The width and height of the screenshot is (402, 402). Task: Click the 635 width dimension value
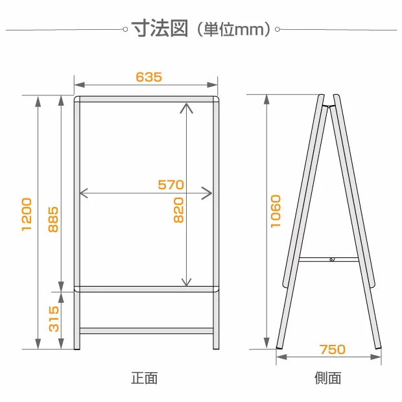pos(148,77)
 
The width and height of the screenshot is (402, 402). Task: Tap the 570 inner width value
pos(171,185)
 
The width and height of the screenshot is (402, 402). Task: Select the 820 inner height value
pos(179,210)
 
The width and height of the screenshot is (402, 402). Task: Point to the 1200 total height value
pos(27,215)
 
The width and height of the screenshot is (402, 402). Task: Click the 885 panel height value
pos(53,219)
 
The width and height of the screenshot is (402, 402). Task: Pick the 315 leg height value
pos(54,318)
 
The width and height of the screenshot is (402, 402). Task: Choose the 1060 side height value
pos(276,211)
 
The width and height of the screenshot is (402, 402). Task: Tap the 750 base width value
pos(332,349)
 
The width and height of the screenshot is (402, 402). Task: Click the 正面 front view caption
pos(145,378)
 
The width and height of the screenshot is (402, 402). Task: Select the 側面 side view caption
pos(327,378)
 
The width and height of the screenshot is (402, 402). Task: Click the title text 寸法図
pos(160,28)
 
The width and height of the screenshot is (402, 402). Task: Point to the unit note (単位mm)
pos(234,29)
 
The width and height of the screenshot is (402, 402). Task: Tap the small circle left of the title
pos(125,29)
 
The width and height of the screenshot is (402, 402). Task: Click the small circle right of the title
pos(277,29)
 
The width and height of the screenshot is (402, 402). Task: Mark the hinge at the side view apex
pos(329,106)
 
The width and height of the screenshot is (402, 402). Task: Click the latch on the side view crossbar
pos(332,259)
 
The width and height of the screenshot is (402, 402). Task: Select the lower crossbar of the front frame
pos(147,331)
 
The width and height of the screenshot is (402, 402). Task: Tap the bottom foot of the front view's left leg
pos(77,348)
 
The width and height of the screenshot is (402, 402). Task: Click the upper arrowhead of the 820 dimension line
pos(186,108)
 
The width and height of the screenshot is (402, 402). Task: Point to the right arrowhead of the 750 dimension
pos(375,357)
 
